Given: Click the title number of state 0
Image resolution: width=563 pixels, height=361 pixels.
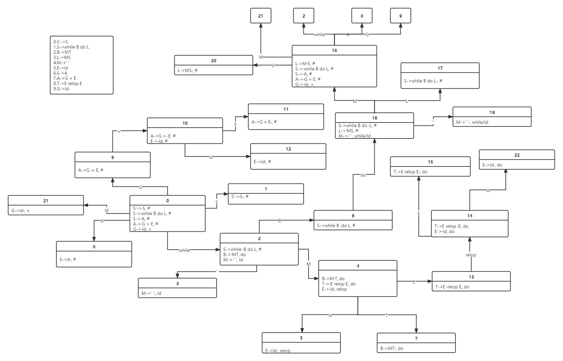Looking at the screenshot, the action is [x=167, y=201].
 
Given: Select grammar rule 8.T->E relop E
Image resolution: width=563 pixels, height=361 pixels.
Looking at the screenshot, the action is [x=68, y=83].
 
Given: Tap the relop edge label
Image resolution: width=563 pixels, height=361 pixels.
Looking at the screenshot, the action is [x=471, y=255].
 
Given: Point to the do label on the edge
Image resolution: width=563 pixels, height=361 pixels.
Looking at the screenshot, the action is [x=363, y=175].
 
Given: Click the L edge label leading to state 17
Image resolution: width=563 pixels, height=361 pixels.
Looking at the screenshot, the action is [x=407, y=101].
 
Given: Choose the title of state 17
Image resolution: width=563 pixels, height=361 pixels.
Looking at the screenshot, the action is [x=440, y=68].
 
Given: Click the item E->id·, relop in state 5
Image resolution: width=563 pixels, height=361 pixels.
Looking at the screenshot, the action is [x=278, y=351].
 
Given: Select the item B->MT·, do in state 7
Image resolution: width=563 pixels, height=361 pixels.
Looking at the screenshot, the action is [x=392, y=348].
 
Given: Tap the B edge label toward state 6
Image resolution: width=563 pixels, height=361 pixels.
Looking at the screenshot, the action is [x=280, y=221].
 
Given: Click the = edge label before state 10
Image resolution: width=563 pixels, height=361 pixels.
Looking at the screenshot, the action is [x=119, y=131].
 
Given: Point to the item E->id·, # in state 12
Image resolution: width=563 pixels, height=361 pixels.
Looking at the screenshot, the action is [x=262, y=162].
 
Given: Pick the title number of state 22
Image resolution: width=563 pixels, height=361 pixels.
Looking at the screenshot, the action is [x=517, y=155].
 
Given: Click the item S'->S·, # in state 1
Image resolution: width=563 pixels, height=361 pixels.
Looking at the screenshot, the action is [x=240, y=196].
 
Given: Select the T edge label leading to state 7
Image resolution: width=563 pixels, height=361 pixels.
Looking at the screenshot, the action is [x=386, y=315].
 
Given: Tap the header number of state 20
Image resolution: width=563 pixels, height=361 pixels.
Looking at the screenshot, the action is [x=213, y=61].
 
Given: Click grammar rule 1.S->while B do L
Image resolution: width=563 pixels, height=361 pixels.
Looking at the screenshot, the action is [x=71, y=47].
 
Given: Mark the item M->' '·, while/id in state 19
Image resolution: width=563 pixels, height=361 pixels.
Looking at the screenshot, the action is [x=472, y=122].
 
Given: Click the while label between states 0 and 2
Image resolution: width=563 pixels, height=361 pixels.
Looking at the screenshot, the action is [x=184, y=250].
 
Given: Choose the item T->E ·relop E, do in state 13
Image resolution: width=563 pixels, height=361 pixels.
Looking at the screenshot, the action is [x=452, y=287].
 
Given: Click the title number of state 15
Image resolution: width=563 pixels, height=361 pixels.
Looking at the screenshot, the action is [x=430, y=162].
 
